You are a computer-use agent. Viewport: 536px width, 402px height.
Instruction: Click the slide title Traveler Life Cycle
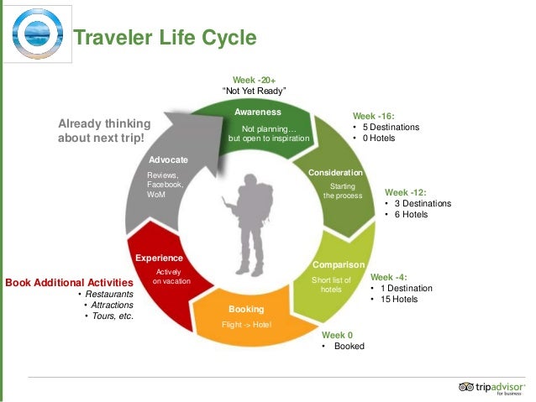165,39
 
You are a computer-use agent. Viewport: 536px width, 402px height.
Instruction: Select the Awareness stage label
257,112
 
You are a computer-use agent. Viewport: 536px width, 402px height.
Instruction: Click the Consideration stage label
335,172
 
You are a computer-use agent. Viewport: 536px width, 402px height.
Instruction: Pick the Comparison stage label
338,265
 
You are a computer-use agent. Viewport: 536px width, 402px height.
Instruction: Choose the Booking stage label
246,309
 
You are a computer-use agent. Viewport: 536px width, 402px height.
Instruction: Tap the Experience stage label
159,258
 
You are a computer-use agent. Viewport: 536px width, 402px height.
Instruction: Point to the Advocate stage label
168,159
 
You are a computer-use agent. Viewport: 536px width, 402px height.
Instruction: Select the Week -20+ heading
255,79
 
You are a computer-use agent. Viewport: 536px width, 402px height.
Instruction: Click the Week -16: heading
374,116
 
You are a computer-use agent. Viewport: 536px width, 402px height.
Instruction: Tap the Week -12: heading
407,191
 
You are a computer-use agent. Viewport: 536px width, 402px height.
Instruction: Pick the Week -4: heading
389,276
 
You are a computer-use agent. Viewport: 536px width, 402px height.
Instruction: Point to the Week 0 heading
338,334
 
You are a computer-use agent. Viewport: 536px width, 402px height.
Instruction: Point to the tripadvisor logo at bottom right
491,387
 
